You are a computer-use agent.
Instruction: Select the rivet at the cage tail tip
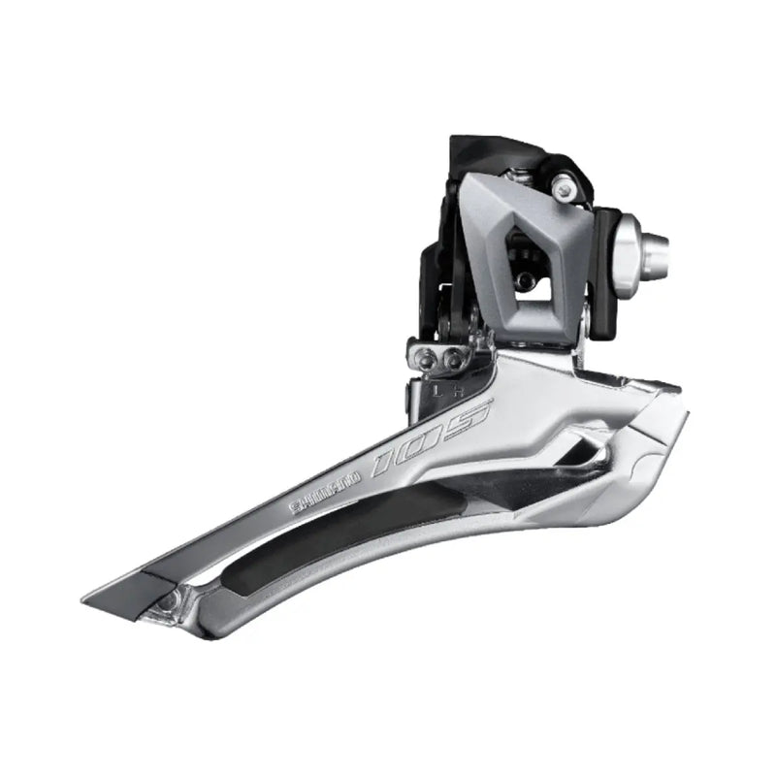point(171,602)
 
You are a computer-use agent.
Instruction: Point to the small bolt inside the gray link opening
point(525,280)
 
